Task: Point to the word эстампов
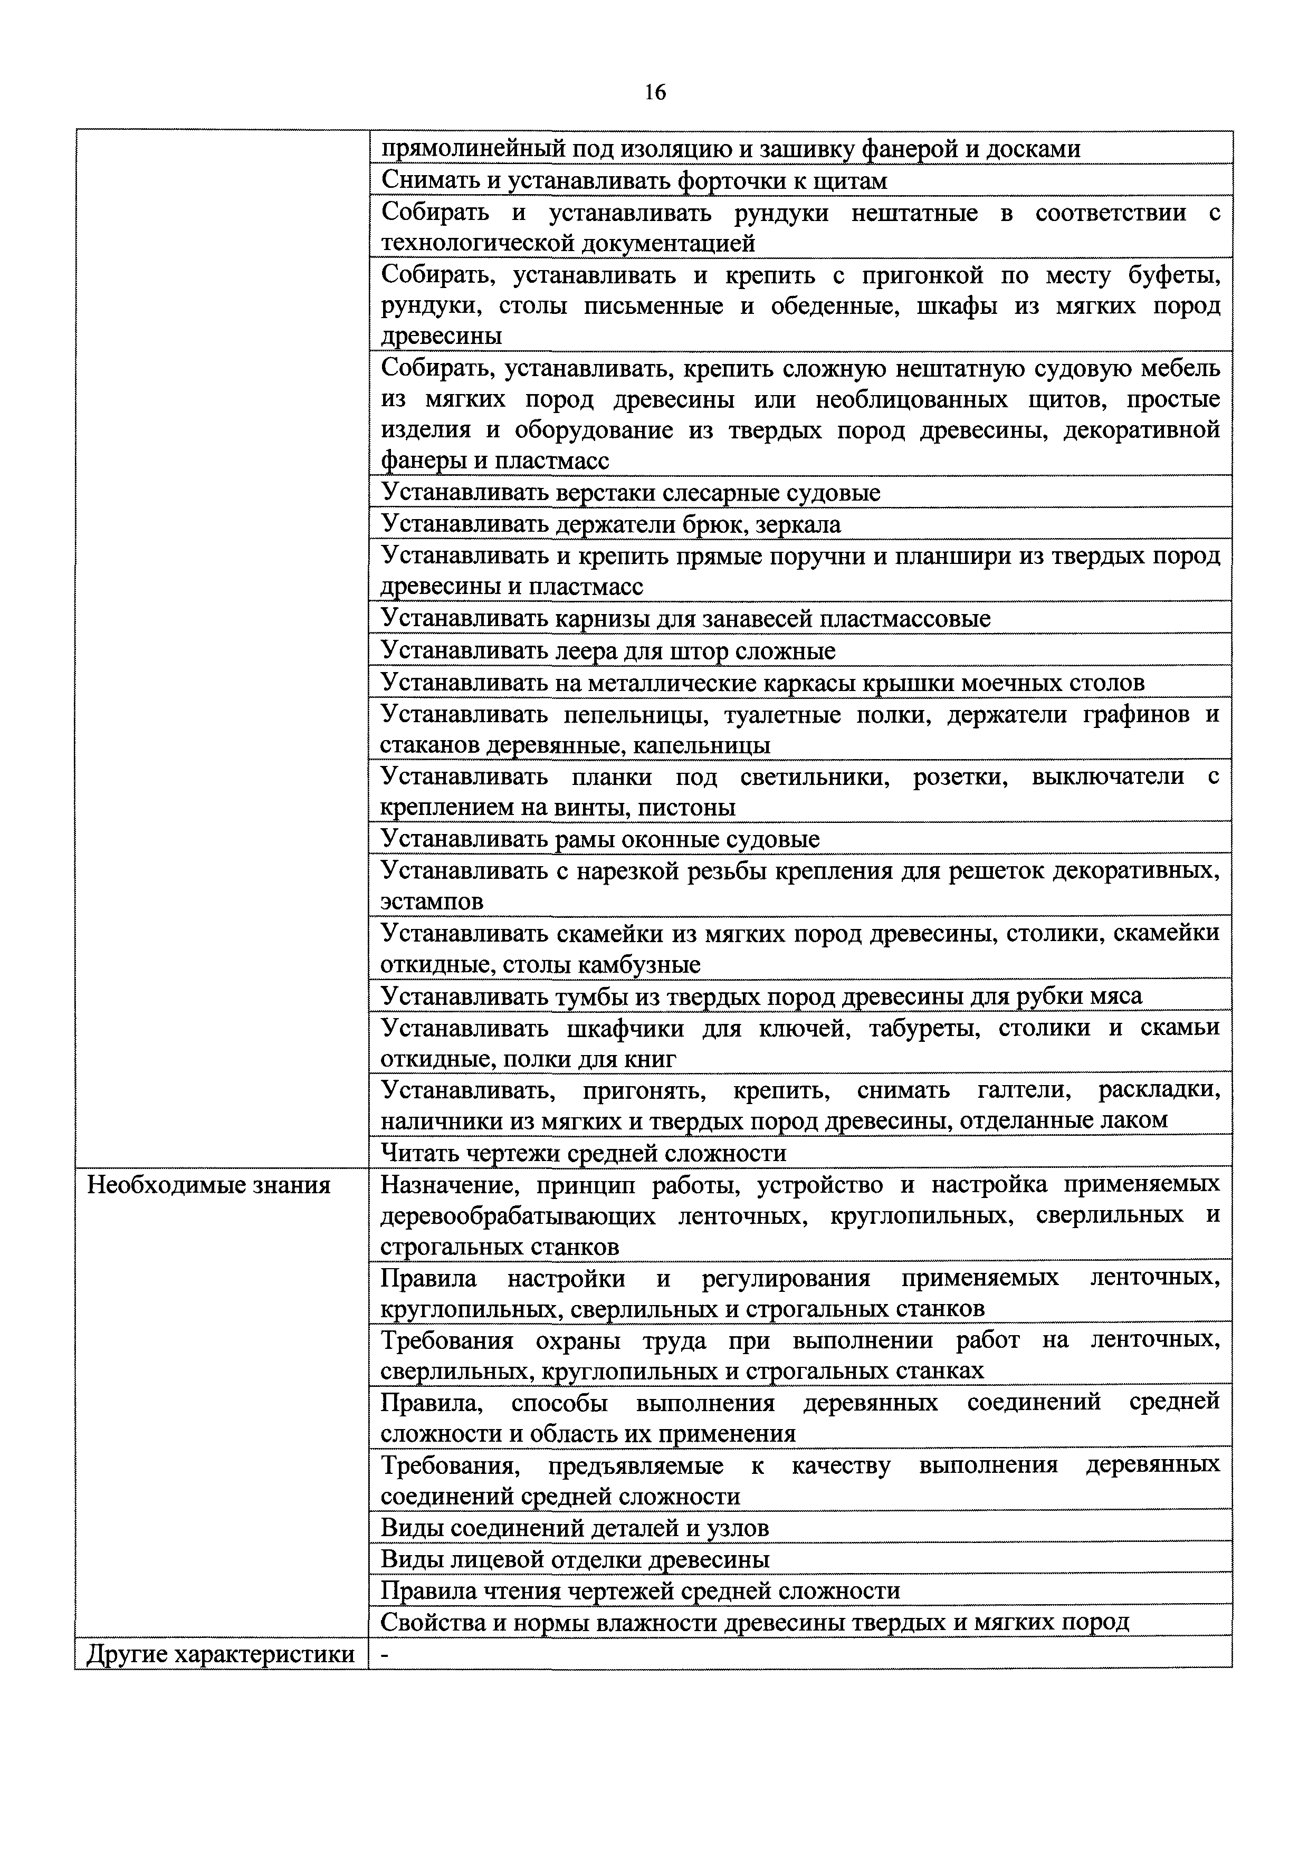432,902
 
